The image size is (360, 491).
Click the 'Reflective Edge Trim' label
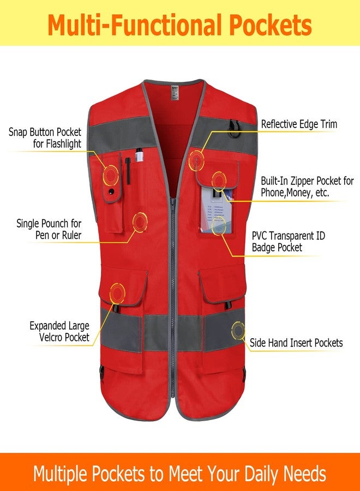(x=299, y=124)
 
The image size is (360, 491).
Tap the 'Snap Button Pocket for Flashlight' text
(x=45, y=138)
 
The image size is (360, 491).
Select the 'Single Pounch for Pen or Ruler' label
(x=49, y=229)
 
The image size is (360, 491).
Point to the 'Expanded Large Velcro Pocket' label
(x=59, y=331)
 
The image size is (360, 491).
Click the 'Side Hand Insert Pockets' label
(x=296, y=343)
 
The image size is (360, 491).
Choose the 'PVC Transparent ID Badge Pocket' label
(x=289, y=242)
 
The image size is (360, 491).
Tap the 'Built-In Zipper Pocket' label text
(x=307, y=187)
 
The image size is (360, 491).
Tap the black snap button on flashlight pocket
(x=110, y=191)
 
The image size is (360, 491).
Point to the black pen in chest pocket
(x=128, y=171)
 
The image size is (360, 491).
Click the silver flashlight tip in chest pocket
(x=140, y=155)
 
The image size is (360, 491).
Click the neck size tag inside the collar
(x=175, y=92)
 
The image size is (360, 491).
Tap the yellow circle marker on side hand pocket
(x=238, y=331)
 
